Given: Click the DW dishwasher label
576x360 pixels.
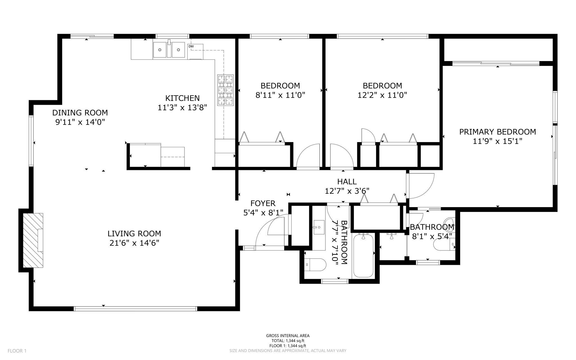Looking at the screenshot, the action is [x=191, y=46].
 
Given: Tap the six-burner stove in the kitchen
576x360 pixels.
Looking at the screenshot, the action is [x=225, y=90].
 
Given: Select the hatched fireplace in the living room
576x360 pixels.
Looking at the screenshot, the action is [x=33, y=240].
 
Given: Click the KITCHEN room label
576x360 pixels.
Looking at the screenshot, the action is [x=182, y=98].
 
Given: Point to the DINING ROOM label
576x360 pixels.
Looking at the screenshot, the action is [x=80, y=113].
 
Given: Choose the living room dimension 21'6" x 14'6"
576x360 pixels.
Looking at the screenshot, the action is [x=134, y=243].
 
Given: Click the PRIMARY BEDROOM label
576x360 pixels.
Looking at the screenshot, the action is [x=498, y=132].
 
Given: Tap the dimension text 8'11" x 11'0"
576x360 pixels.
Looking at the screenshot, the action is [x=280, y=95].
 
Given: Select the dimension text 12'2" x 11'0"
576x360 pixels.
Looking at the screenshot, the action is [x=382, y=95].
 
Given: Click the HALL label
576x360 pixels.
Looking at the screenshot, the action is [x=347, y=182].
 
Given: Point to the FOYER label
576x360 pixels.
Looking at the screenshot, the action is [x=263, y=203].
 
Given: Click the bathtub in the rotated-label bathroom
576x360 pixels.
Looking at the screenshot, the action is [x=363, y=256].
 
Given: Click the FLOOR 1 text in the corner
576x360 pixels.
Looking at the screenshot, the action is [x=17, y=351].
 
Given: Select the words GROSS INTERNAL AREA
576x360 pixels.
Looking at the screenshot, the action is [x=288, y=336].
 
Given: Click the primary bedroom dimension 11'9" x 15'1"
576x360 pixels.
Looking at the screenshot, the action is [x=498, y=141].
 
